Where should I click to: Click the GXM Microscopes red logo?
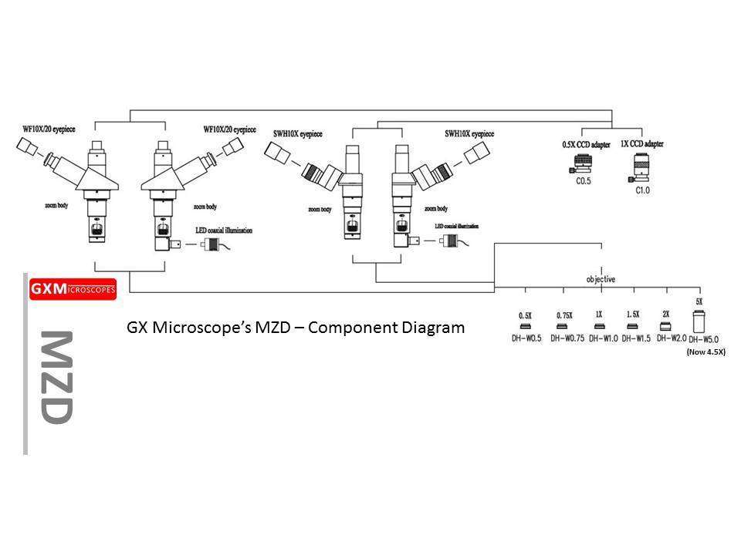coord(72,289)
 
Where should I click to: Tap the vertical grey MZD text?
coord(56,377)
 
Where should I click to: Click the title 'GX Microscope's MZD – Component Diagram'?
coord(296,327)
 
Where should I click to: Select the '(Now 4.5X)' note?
coord(705,351)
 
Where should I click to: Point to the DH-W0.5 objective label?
coord(525,338)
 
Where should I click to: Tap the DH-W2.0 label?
coord(671,338)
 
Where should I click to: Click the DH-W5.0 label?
coord(703,339)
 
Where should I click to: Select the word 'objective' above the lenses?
coord(601,279)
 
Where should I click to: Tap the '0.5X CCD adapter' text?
coord(586,144)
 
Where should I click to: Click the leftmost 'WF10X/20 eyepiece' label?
coord(44,127)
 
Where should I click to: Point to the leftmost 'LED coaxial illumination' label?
coord(223,229)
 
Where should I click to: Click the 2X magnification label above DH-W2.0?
coord(665,314)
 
